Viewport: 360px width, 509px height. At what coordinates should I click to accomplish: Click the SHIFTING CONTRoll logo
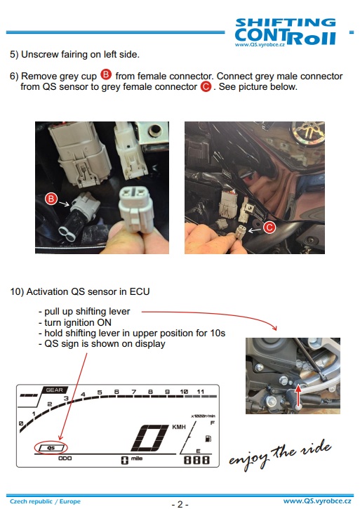click(286, 32)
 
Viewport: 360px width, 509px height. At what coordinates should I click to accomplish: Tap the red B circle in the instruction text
click(106, 74)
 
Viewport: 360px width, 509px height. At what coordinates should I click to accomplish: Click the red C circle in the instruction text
click(206, 86)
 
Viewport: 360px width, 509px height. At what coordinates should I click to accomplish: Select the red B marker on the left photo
click(51, 199)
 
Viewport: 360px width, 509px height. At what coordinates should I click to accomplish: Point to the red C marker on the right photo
click(269, 227)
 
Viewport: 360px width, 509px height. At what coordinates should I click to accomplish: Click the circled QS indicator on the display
click(51, 448)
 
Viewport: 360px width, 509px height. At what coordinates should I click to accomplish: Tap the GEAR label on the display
click(54, 390)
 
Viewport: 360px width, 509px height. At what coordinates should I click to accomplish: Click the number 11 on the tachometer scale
click(200, 392)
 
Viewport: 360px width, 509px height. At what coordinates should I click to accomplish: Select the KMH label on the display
click(179, 427)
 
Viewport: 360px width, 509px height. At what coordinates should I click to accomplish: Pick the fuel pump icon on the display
click(208, 439)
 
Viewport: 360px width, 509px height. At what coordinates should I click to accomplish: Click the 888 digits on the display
click(196, 460)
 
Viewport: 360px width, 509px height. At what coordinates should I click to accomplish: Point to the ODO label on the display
click(65, 458)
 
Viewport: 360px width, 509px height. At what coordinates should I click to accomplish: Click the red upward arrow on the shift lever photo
click(298, 393)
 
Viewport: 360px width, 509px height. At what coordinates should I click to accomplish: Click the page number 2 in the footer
click(180, 504)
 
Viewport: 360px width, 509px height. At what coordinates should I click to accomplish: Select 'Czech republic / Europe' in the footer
click(45, 501)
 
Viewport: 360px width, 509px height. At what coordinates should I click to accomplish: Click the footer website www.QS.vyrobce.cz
click(317, 501)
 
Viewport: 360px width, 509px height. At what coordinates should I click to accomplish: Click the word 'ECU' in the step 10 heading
click(140, 291)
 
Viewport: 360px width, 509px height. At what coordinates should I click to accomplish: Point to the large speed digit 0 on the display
click(149, 437)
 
